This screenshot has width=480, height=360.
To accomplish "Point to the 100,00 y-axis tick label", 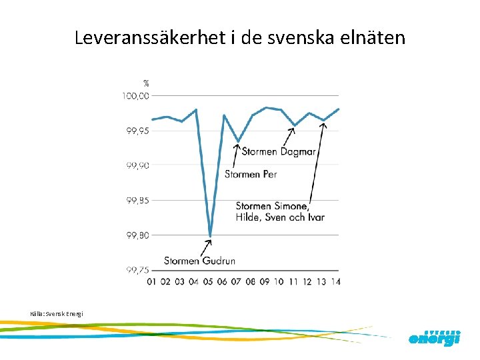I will point(135,96).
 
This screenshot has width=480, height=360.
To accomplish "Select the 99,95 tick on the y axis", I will point(137,131).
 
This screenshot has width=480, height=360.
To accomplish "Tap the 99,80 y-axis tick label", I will point(137,235).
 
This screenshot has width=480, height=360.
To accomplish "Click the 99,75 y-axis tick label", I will point(137,269).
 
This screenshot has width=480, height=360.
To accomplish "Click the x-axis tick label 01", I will point(152,282).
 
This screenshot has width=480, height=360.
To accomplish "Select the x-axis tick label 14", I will point(335,282).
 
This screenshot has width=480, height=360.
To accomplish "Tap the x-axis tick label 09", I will point(265,282).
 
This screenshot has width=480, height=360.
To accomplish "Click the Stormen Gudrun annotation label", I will point(199,260).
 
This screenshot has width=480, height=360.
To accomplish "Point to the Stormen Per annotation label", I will point(250,174).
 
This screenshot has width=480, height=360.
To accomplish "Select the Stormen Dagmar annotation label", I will point(279,151).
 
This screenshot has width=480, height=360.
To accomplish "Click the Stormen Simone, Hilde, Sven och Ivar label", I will point(280,211).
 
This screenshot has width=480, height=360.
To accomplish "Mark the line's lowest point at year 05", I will point(210,235).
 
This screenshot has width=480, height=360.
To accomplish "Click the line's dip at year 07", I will point(239,141).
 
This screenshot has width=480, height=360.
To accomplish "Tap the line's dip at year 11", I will point(295,125).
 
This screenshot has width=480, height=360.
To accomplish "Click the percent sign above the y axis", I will point(146,83).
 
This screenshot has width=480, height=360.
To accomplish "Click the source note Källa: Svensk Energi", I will point(57,313).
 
